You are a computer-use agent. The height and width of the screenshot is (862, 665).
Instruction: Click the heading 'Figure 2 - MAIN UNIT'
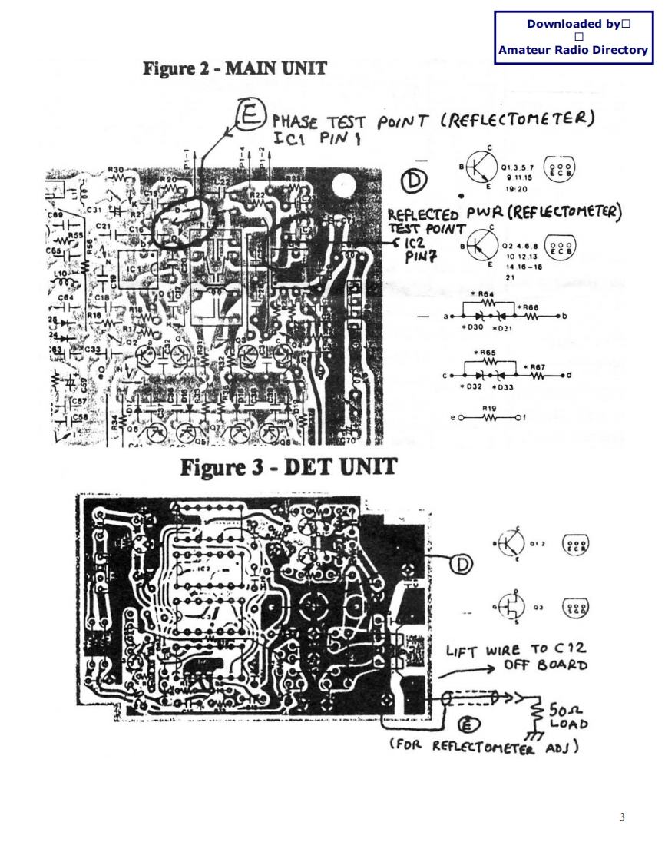coord(235,68)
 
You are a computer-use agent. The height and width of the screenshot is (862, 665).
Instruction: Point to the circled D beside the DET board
coord(462,565)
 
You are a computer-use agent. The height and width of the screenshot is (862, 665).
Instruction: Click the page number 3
coord(622,816)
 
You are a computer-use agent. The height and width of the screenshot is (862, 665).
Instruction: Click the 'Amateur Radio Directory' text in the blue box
coord(573,50)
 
